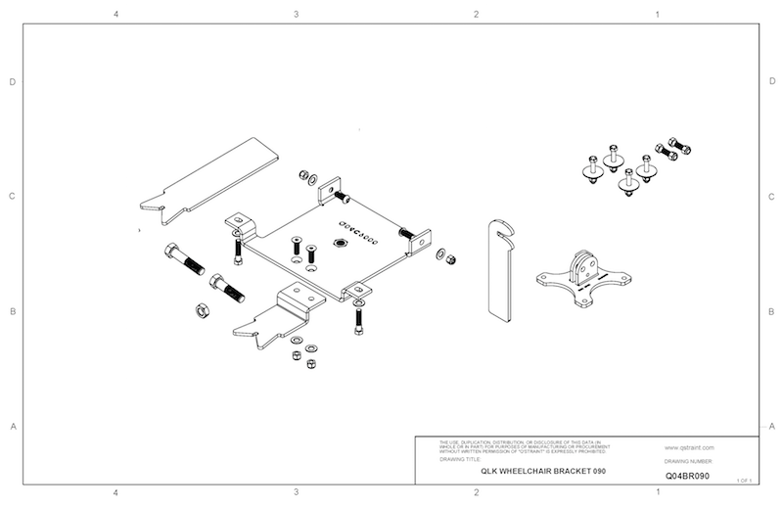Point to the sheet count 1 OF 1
pyautogui.click(x=743, y=481)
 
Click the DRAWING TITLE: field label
pyautogui.click(x=461, y=457)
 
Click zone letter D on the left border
pyautogui.click(x=12, y=82)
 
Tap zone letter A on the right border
pyautogui.click(x=772, y=427)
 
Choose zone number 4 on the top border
pyautogui.click(x=115, y=15)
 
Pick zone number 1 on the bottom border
pyautogui.click(x=656, y=492)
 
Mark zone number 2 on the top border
pyautogui.click(x=476, y=15)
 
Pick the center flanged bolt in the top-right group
pyautogui.click(x=626, y=181)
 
